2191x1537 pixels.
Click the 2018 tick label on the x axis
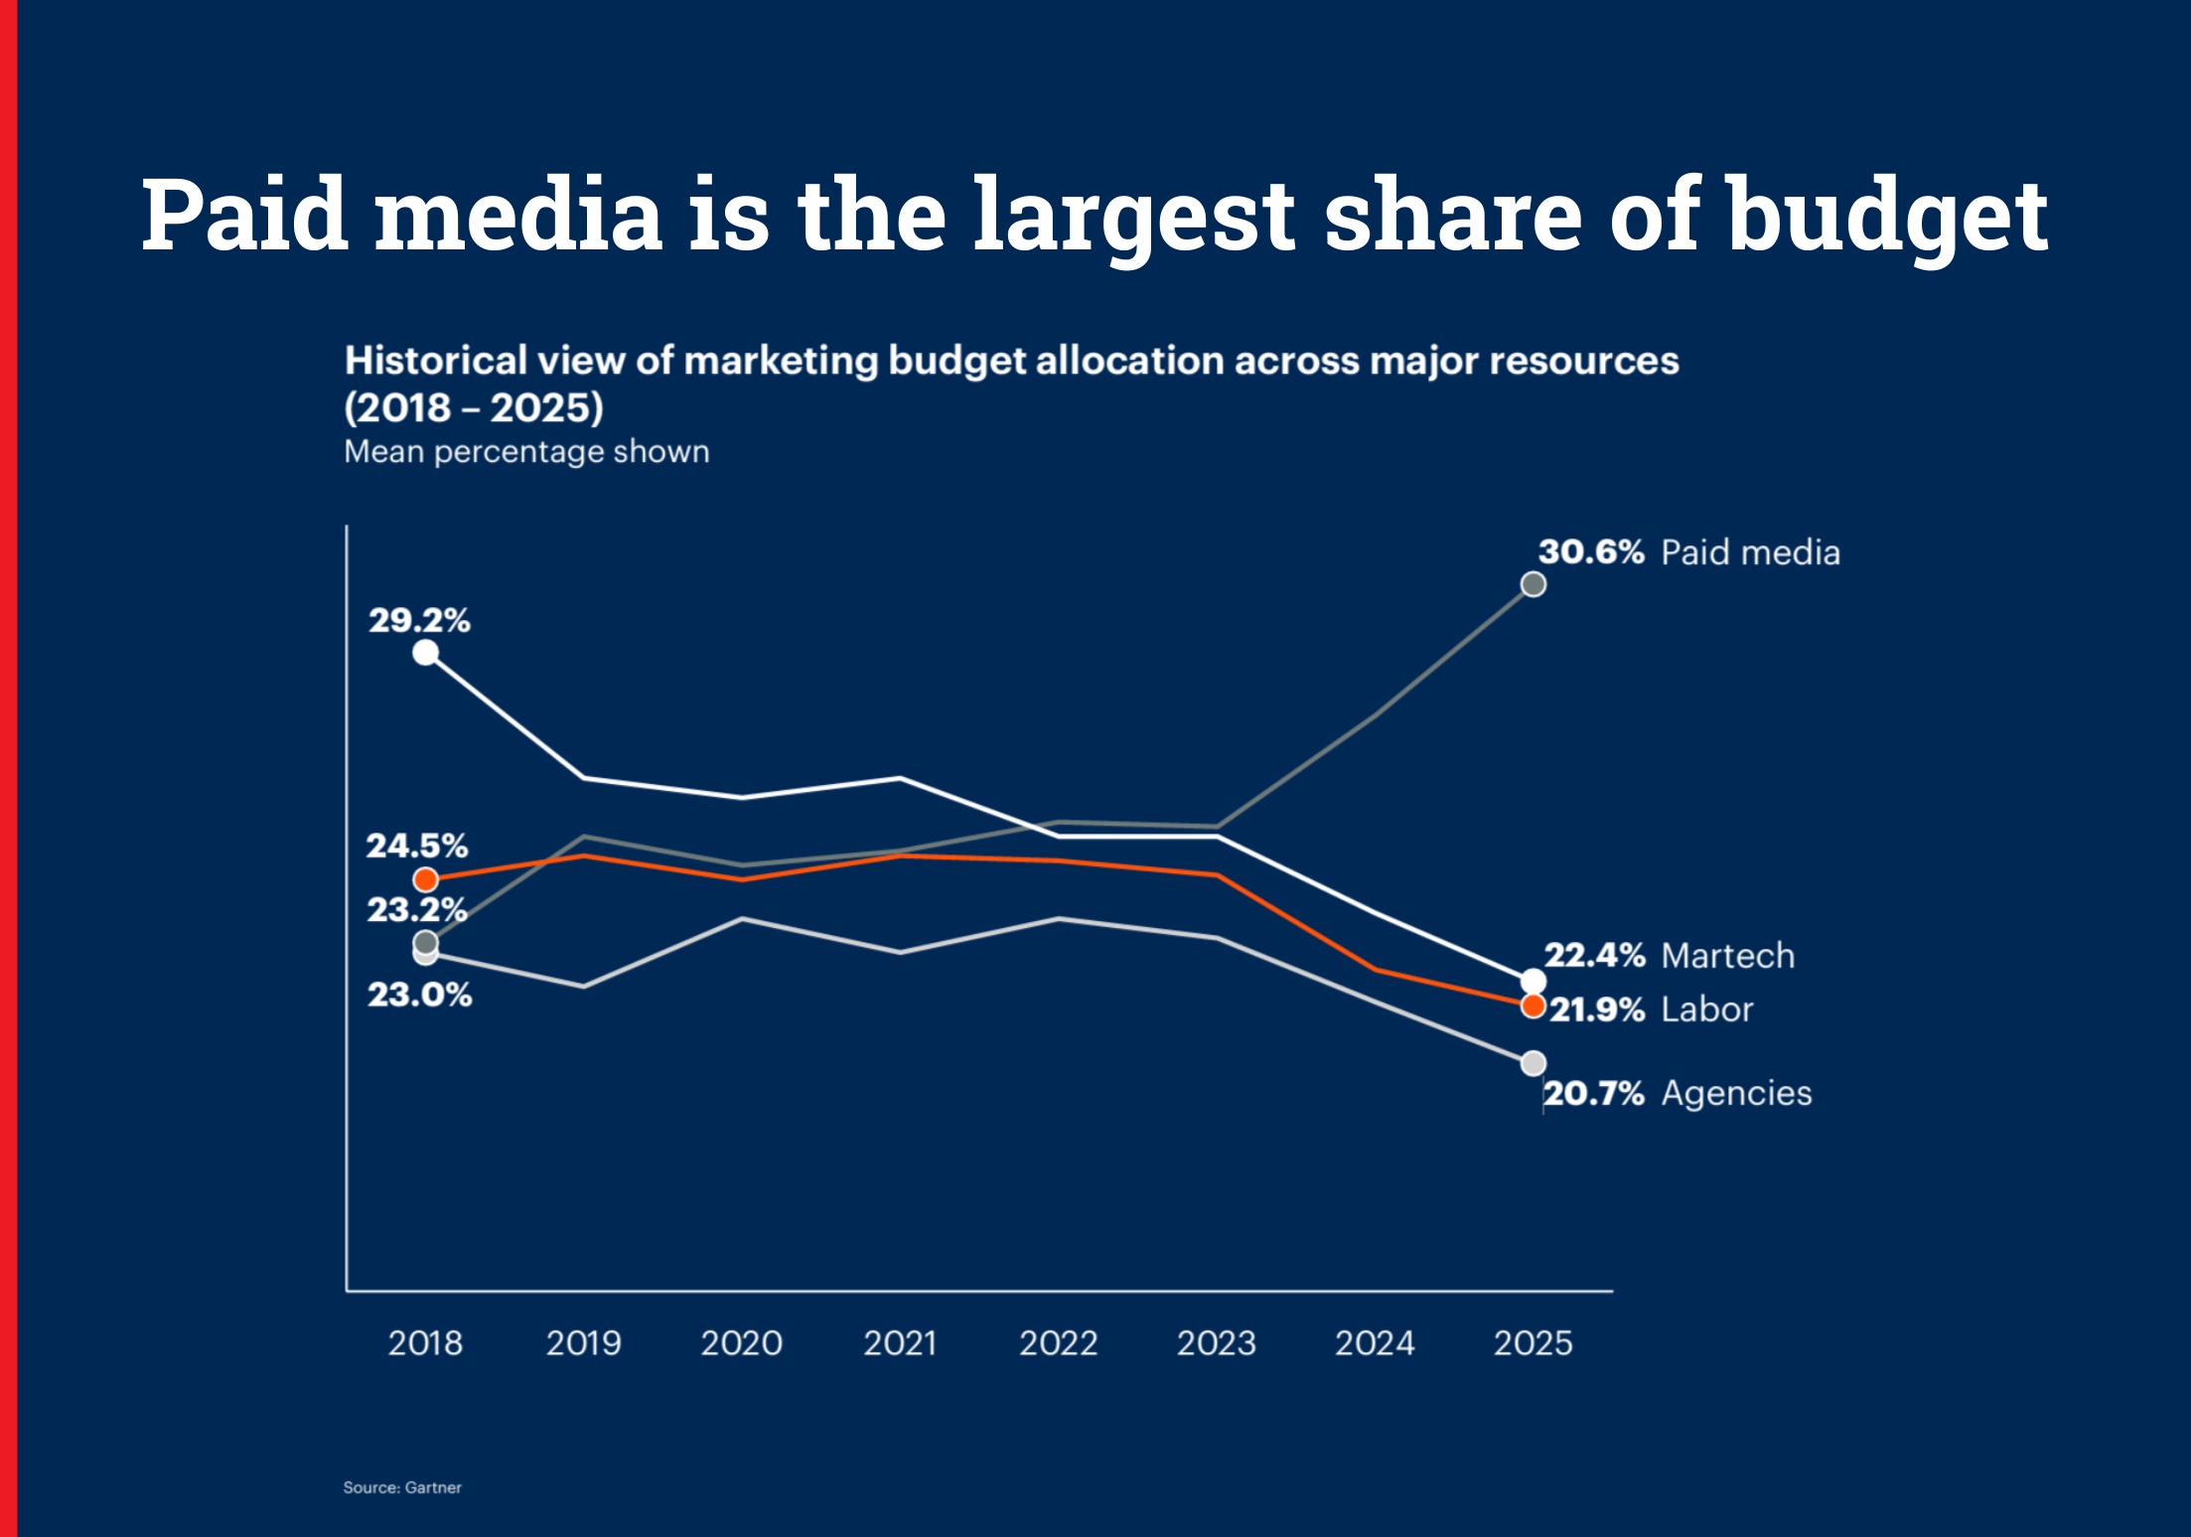coord(425,1343)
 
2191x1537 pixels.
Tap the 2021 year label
coord(900,1343)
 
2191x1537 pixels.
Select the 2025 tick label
coord(1533,1343)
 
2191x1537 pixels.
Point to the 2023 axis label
coord(1216,1343)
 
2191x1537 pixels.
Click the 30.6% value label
coord(1591,552)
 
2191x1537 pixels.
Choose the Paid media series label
coord(1750,552)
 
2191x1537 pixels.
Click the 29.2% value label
coord(419,621)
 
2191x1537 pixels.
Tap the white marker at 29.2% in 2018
coord(425,653)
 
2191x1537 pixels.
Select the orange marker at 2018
coord(425,879)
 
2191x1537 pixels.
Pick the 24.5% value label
coord(417,846)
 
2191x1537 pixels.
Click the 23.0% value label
coord(419,995)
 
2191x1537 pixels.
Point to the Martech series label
coord(1728,956)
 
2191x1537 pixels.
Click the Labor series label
coord(1707,1009)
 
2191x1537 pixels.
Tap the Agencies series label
coord(1736,1093)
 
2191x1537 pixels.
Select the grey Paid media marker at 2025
coord(1534,584)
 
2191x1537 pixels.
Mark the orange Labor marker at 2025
coord(1534,1006)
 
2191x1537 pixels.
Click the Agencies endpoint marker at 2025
coord(1534,1064)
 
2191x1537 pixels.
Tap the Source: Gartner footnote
coord(402,1487)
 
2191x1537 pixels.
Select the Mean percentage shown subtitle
coord(526,452)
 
